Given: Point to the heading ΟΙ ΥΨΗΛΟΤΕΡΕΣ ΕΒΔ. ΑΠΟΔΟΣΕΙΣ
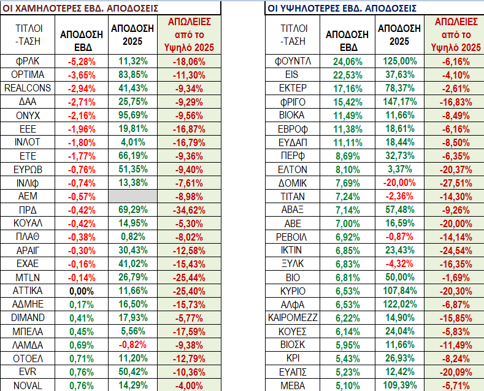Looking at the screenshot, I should (x=342, y=9).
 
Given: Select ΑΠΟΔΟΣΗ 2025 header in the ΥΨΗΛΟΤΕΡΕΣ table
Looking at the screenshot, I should (x=399, y=34).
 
